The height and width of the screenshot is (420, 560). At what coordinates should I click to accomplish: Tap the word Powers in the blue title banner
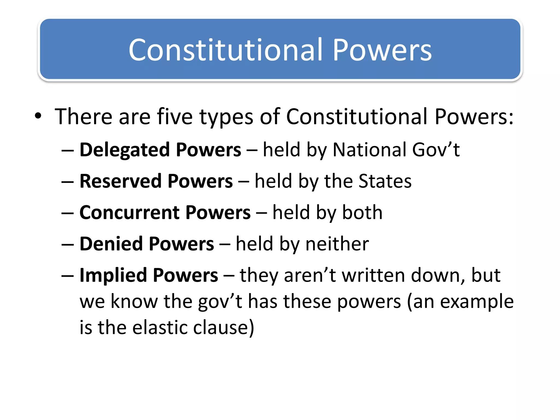(x=382, y=50)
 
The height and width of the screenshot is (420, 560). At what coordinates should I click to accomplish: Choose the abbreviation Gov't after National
(x=436, y=150)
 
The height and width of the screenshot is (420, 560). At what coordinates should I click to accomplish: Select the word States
(x=385, y=181)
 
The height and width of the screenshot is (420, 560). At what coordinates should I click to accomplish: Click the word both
(x=362, y=213)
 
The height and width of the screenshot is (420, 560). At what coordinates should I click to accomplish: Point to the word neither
(x=337, y=244)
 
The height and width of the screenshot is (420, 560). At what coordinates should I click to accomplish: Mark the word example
(x=477, y=302)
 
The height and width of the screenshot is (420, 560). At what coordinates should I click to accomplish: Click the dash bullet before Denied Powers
(x=68, y=244)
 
